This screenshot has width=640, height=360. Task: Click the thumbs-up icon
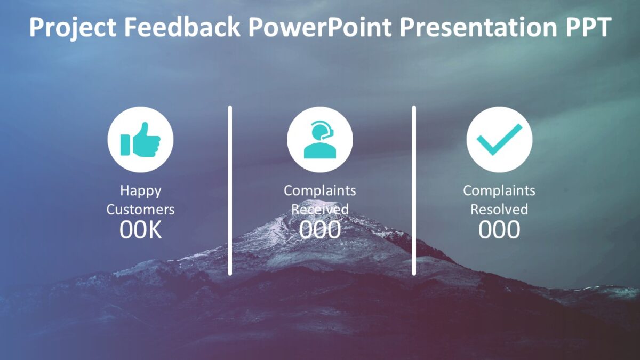click(140, 140)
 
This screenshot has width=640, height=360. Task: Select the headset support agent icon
click(320, 140)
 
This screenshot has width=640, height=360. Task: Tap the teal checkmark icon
click(499, 140)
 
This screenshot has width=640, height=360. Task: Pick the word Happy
click(140, 190)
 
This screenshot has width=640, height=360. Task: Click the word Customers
click(140, 210)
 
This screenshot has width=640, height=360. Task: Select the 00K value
click(140, 230)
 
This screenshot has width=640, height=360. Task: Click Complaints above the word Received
click(320, 190)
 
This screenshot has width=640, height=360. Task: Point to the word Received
click(320, 210)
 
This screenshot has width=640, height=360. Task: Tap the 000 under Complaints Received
click(320, 230)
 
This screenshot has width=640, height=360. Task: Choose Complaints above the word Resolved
click(499, 190)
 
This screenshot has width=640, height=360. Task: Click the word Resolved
click(499, 210)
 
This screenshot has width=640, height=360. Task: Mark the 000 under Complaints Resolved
click(499, 230)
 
